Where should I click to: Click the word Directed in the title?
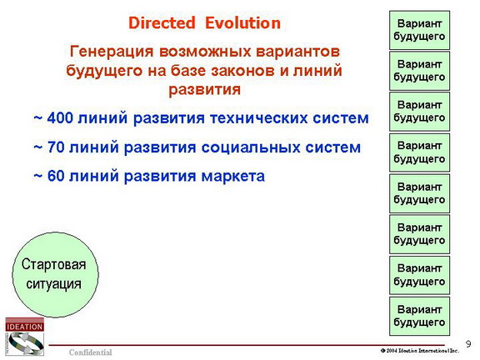point(162,23)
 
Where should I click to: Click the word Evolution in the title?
point(242,23)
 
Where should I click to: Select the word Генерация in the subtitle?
point(112,52)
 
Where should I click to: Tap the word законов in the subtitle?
point(243,70)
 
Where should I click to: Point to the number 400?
point(61,117)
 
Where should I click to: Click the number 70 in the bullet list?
point(56,147)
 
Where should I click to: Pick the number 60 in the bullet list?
point(56,176)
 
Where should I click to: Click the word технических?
point(258,118)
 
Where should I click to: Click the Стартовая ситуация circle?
point(55,275)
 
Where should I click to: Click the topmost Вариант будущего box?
point(419,30)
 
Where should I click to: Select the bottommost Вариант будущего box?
point(419,316)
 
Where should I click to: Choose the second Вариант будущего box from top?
point(419,71)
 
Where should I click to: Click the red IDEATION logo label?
point(24,327)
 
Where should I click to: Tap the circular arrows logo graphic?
point(25,343)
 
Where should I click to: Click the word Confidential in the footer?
point(91,352)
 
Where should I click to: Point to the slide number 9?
point(468,344)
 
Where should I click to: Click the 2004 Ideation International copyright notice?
point(420,351)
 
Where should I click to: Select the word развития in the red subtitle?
point(204,90)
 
